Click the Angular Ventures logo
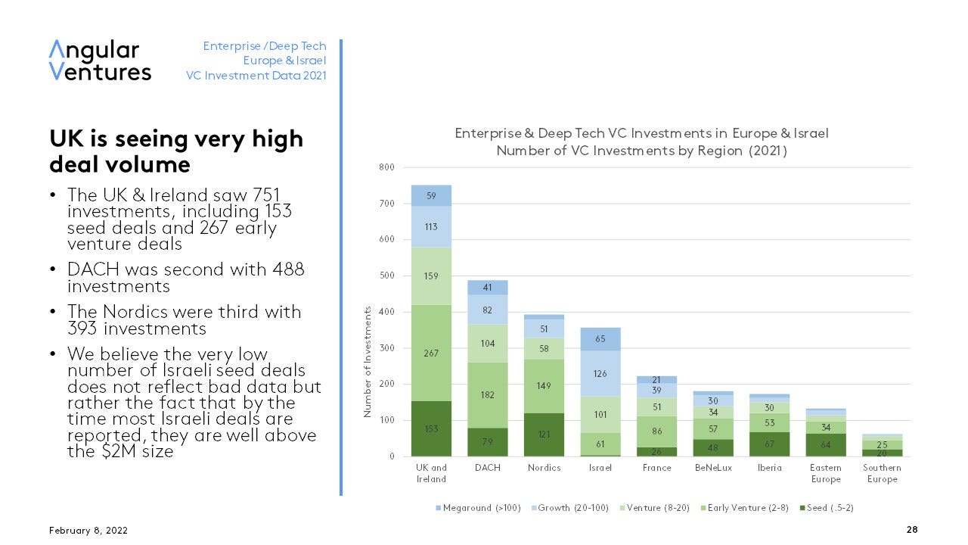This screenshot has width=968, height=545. pos(100,61)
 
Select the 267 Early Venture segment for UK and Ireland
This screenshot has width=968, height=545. pos(431,353)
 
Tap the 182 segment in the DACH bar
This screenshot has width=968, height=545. pos(487,394)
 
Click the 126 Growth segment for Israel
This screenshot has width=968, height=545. pos(600,373)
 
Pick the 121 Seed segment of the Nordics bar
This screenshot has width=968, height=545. pos(544,434)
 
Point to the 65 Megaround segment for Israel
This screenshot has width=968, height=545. pos(600,339)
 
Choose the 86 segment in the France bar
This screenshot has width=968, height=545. pos(656,431)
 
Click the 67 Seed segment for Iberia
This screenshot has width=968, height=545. pos(769,443)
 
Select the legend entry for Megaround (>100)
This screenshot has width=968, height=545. pos(478,507)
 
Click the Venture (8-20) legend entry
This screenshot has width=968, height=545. pos(655,507)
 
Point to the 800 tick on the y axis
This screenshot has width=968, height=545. pos(386,167)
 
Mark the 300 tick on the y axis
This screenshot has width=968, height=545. pos(386,348)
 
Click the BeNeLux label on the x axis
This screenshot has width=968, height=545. pos(713,468)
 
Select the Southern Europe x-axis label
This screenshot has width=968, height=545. pos(882,473)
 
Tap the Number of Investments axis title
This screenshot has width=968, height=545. pos(368,362)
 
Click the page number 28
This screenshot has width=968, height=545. pos(911,530)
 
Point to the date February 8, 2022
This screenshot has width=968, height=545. pos(88,530)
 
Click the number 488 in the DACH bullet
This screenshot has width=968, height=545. pos(287,269)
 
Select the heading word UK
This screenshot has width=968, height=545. pos(67,139)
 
